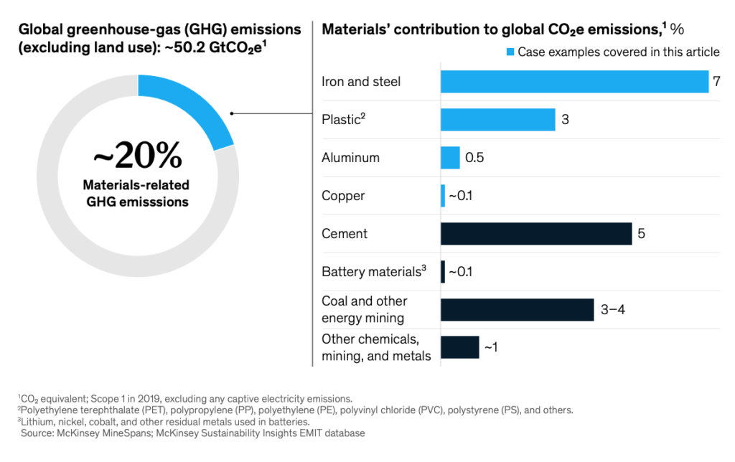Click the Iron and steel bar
574,82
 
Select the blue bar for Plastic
497,120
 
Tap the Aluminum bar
450,158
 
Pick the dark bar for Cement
535,234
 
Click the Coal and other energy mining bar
517,309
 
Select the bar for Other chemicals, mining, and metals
459,347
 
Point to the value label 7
716,82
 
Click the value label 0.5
474,158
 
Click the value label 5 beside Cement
642,234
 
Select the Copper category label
343,196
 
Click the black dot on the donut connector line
232,113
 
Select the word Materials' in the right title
352,29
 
